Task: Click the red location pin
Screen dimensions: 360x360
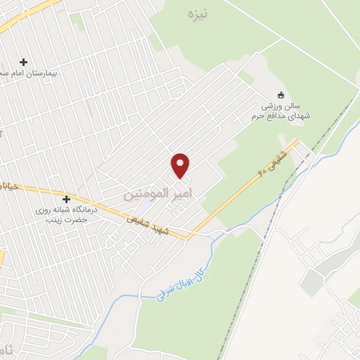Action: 181,165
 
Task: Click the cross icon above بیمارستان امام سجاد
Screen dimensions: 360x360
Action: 24,62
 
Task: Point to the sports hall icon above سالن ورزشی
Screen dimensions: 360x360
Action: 281,95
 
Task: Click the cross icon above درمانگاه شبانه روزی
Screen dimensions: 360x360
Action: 67,199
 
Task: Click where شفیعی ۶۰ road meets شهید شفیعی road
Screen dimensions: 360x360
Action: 188,238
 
